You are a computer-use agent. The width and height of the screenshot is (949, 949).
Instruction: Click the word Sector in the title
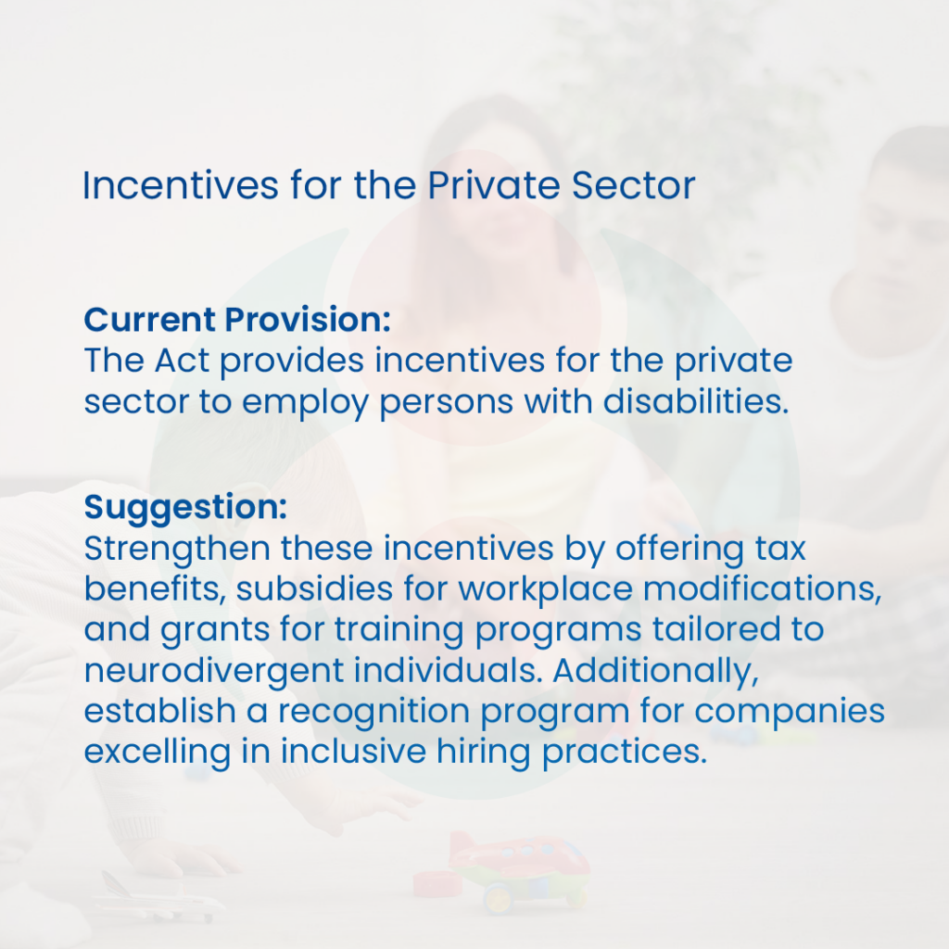pyautogui.click(x=633, y=184)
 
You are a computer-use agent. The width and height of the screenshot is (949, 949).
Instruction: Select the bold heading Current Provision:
pyautogui.click(x=237, y=319)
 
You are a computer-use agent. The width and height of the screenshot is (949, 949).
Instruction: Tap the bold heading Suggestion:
pyautogui.click(x=185, y=508)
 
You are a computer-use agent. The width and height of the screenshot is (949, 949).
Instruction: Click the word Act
pyautogui.click(x=182, y=361)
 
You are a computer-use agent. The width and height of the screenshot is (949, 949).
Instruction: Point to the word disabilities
pyautogui.click(x=696, y=400)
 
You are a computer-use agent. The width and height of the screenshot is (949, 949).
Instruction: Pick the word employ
pyautogui.click(x=305, y=402)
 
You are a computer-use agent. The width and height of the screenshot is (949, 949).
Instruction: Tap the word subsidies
pyautogui.click(x=314, y=588)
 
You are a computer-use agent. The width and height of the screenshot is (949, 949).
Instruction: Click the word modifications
pyautogui.click(x=762, y=588)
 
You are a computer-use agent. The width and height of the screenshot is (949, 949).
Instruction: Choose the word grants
pyautogui.click(x=215, y=630)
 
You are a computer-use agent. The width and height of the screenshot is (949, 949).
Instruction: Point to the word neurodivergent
pyautogui.click(x=214, y=671)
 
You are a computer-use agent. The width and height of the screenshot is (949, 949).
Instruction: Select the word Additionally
pyautogui.click(x=655, y=671)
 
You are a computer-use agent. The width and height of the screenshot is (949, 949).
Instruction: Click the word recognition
pyautogui.click(x=374, y=712)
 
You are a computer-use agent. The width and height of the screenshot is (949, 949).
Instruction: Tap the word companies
pyautogui.click(x=790, y=712)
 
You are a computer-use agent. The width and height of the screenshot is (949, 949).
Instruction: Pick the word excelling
pyautogui.click(x=158, y=753)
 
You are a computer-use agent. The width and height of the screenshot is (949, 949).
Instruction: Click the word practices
pyautogui.click(x=624, y=753)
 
